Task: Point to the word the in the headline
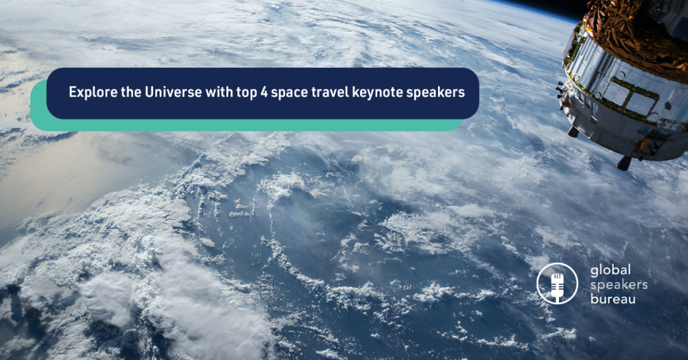point(131,91)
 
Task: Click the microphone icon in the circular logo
point(557,285)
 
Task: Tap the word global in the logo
point(610,271)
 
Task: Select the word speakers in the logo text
point(619,285)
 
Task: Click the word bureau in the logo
point(613,299)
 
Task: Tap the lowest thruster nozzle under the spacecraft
point(624,163)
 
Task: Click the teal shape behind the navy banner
point(246,126)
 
